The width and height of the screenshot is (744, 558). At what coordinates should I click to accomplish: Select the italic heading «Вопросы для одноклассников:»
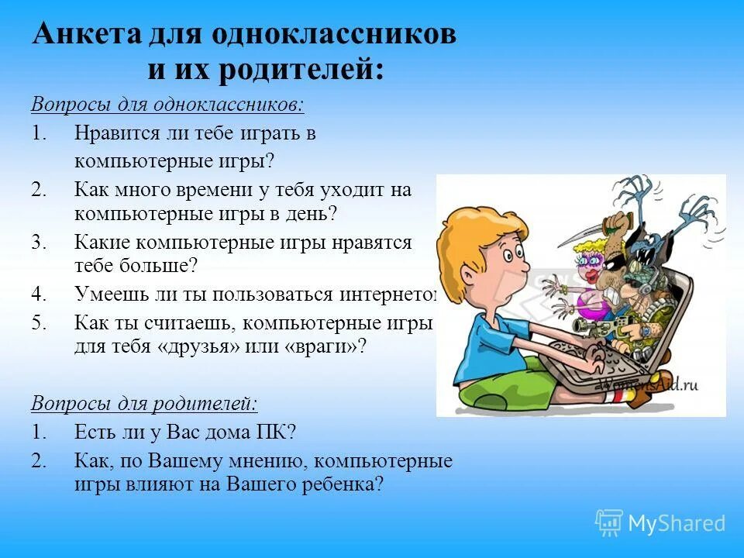point(167,105)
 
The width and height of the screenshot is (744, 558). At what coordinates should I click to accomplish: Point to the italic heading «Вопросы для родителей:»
point(144,403)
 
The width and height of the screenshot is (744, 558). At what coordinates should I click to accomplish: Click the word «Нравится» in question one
point(118,133)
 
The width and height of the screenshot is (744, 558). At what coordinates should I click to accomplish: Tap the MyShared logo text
point(676,523)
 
